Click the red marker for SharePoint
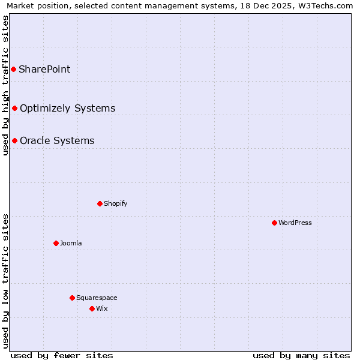pos(13,69)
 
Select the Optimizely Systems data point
pos(14,108)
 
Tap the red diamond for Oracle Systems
pos(14,140)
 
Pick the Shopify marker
pos(100,203)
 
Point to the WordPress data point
pos(274,223)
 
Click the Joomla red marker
pos(56,243)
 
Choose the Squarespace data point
pos(72,298)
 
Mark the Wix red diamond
pos(92,308)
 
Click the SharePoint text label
pos(44,69)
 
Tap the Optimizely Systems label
pos(67,108)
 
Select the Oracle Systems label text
pos(57,140)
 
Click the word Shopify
pos(115,203)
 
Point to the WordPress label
pos(295,223)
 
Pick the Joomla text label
pos(71,243)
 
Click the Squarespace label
pos(97,298)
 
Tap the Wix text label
pos(101,308)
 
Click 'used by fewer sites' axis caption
pos(62,355)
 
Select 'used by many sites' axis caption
pos(301,355)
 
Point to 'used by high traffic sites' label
pos(5,85)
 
